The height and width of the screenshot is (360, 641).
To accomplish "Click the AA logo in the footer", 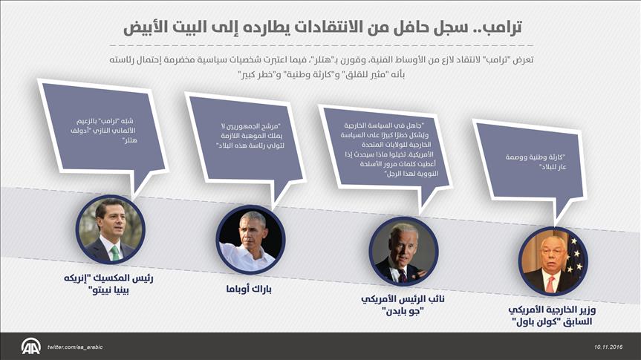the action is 30,347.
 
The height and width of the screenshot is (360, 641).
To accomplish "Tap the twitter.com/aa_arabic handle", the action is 75,347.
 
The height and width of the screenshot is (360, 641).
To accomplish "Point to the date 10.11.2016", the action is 608,347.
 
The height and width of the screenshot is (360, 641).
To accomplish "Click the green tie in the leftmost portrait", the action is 115,253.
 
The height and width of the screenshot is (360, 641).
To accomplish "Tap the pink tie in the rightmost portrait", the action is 550,284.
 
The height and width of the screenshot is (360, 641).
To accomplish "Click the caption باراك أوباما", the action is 249,289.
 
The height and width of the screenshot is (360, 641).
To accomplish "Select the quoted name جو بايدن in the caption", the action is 403,311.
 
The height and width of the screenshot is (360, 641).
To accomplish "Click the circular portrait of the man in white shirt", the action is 250,240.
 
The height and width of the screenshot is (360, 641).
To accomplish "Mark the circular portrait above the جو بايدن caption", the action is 404,251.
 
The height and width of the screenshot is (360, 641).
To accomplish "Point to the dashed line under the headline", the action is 322,45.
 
